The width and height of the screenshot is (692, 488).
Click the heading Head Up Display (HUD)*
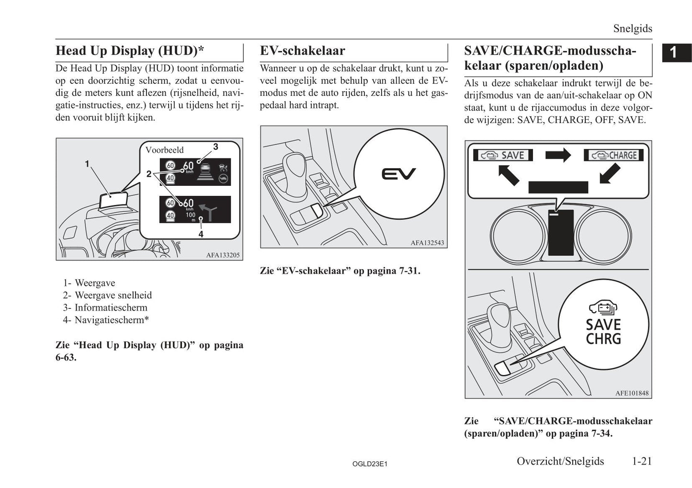(130, 51)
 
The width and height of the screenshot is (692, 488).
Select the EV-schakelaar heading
(302, 51)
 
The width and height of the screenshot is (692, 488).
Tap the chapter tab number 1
(673, 52)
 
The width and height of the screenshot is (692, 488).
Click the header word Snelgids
(633, 29)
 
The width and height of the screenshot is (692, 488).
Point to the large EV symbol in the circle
(398, 174)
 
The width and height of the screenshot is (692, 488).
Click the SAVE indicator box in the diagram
(503, 155)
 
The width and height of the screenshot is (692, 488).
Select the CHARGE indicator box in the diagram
(613, 155)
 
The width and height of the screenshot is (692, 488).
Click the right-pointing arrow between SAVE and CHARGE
(558, 155)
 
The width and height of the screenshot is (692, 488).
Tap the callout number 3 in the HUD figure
(216, 147)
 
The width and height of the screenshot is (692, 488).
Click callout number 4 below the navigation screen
(201, 234)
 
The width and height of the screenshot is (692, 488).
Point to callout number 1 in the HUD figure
(87, 164)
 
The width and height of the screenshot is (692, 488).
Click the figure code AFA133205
(223, 255)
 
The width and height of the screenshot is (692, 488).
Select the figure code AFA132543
(427, 243)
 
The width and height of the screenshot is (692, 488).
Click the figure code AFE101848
(632, 393)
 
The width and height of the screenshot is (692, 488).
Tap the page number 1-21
(641, 461)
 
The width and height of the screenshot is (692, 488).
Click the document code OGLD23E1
(369, 464)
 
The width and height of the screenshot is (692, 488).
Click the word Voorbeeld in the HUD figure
(164, 150)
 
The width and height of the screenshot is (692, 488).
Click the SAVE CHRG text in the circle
(603, 331)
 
